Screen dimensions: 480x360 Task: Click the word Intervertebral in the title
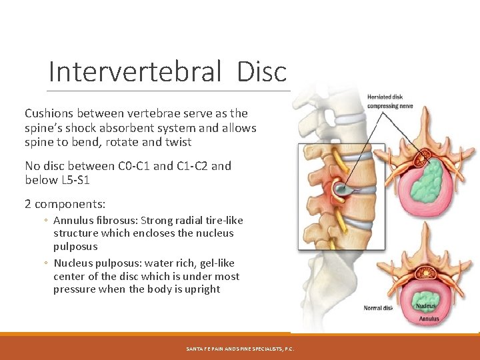tap(134, 71)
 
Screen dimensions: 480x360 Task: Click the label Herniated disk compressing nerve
tap(390, 101)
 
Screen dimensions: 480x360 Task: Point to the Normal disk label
tap(377, 308)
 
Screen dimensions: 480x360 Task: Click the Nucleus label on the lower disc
tap(425, 306)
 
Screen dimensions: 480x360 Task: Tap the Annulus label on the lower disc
tap(429, 319)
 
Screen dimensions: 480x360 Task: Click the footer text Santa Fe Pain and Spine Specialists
tap(240, 349)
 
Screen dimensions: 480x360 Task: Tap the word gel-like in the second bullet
tap(218, 263)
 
